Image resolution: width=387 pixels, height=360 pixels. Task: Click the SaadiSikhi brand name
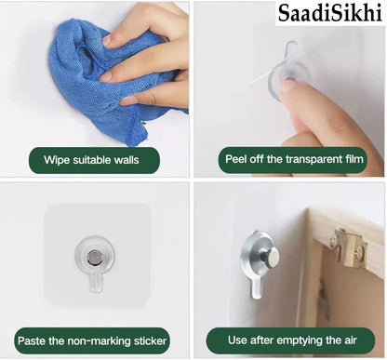pyautogui.click(x=330, y=13)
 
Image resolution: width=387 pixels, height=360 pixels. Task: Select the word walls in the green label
pyautogui.click(x=127, y=160)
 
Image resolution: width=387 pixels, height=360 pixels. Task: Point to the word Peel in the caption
pyautogui.click(x=236, y=159)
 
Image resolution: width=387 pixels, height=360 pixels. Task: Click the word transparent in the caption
pyautogui.click(x=315, y=159)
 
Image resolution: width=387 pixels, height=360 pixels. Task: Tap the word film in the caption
pyautogui.click(x=354, y=159)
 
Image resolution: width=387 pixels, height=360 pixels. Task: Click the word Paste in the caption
pyautogui.click(x=32, y=340)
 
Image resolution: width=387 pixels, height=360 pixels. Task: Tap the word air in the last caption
pyautogui.click(x=350, y=340)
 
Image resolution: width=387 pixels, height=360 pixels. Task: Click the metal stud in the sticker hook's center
pyautogui.click(x=93, y=257)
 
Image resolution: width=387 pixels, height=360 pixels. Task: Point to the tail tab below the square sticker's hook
pyautogui.click(x=96, y=282)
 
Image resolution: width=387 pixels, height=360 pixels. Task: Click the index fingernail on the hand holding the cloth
pyautogui.click(x=107, y=41)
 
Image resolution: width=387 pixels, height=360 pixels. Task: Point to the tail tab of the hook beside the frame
pyautogui.click(x=257, y=288)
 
